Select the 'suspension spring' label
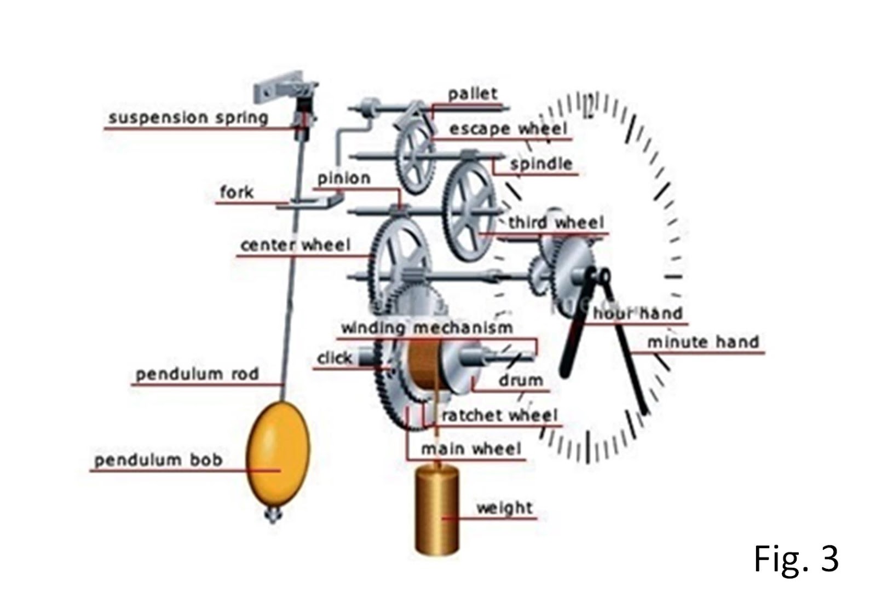188,118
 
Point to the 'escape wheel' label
508,129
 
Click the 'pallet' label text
472,94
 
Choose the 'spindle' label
541,164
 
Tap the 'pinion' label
344,178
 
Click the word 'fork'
237,193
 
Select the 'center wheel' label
295,245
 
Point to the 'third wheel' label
556,223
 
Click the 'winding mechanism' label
427,328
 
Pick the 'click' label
335,358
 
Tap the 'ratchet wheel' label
499,416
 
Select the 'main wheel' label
471,449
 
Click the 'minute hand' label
703,342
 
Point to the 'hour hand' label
638,313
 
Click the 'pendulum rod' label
197,374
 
